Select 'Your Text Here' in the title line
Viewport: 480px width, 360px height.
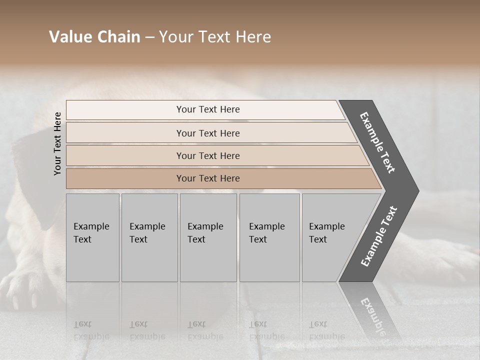(215, 37)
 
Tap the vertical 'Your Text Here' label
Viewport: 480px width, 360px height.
(57, 143)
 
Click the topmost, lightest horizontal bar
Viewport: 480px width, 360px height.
(207, 109)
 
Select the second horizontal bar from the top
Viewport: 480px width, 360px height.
(207, 133)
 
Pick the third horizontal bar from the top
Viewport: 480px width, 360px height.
(207, 155)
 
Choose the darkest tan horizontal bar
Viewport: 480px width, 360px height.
(207, 178)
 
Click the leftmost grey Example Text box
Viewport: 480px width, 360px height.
(92, 237)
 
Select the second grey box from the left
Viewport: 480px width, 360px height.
(149, 237)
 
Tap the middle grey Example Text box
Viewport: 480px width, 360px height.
(208, 237)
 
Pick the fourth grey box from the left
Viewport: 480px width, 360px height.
(269, 237)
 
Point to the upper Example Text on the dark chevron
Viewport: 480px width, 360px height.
(377, 142)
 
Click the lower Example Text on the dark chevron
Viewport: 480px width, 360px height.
(379, 236)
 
